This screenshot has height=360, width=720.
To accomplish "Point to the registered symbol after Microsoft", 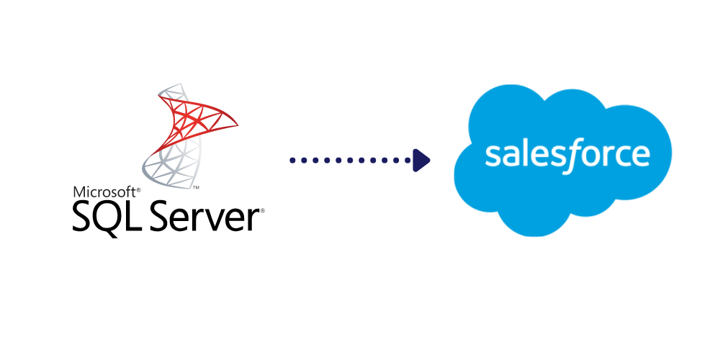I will pos(138,189).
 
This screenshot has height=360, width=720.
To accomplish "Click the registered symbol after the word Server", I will pos(262,211).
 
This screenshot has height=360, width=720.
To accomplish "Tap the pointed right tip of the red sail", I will pos(236,128).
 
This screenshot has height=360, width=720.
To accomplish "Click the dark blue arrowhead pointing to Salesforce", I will pos(421,160).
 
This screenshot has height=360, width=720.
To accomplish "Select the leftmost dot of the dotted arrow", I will pos(292,160).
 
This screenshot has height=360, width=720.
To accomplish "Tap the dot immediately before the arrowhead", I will pos(405,160).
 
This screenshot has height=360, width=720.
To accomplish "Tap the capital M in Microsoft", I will pos(77,192).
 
